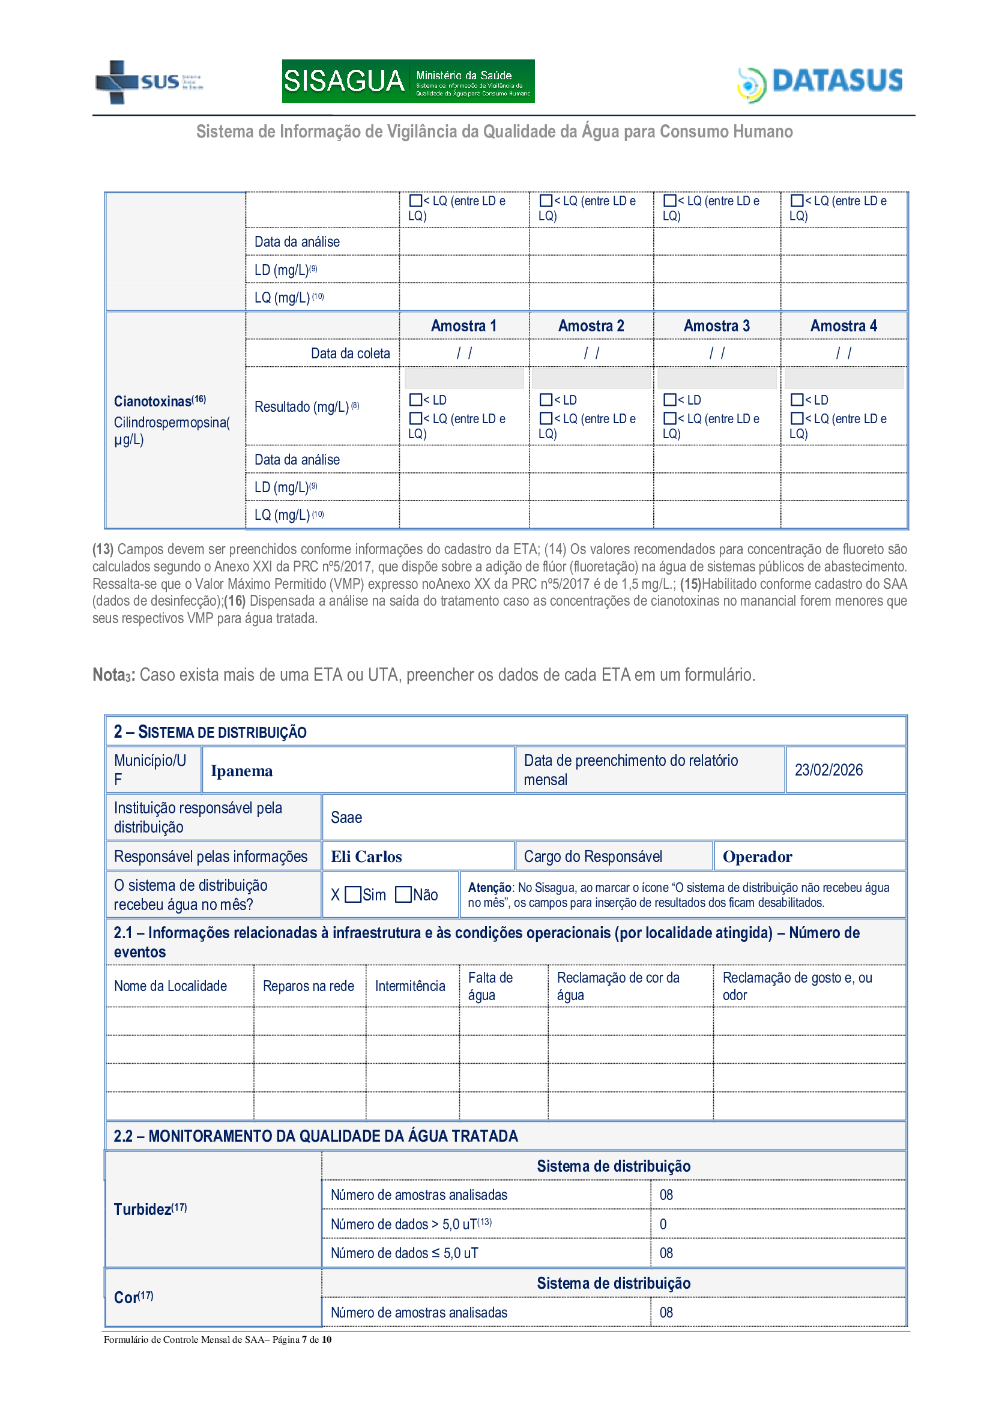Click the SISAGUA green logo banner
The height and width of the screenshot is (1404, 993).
(408, 81)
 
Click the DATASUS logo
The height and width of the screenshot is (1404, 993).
(820, 83)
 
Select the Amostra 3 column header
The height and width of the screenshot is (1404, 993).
(716, 326)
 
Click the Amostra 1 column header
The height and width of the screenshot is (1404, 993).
(463, 326)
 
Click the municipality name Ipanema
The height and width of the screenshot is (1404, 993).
(241, 771)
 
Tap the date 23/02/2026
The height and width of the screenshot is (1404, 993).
(828, 770)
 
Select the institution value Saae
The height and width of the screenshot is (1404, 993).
(346, 818)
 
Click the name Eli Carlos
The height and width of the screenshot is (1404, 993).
(366, 857)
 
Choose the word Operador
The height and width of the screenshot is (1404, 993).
(757, 857)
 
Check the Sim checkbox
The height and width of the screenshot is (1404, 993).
(353, 894)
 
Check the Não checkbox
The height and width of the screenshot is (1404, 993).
(403, 894)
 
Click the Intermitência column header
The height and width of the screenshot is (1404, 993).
(409, 986)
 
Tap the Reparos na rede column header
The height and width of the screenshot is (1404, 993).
(308, 986)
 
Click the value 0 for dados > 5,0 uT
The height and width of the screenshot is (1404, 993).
(663, 1224)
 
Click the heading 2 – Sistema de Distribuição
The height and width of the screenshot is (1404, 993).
(210, 732)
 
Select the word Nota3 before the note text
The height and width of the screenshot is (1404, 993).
(113, 675)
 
